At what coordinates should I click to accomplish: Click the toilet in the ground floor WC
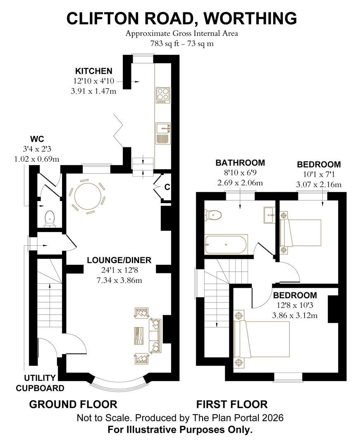pos(50,218)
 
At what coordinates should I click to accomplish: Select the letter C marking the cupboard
pos(167,187)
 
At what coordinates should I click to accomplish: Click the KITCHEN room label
pos(93,71)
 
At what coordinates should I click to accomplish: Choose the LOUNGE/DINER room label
pos(119,260)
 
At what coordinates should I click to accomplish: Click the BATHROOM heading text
pos(240,163)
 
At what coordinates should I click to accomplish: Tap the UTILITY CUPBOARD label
pos(44,383)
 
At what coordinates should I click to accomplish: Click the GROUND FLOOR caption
pos(73,404)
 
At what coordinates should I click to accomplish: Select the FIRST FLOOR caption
pos(232,404)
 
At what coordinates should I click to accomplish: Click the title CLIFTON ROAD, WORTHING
pos(182,18)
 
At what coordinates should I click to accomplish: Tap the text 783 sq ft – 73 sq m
pos(182,43)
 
